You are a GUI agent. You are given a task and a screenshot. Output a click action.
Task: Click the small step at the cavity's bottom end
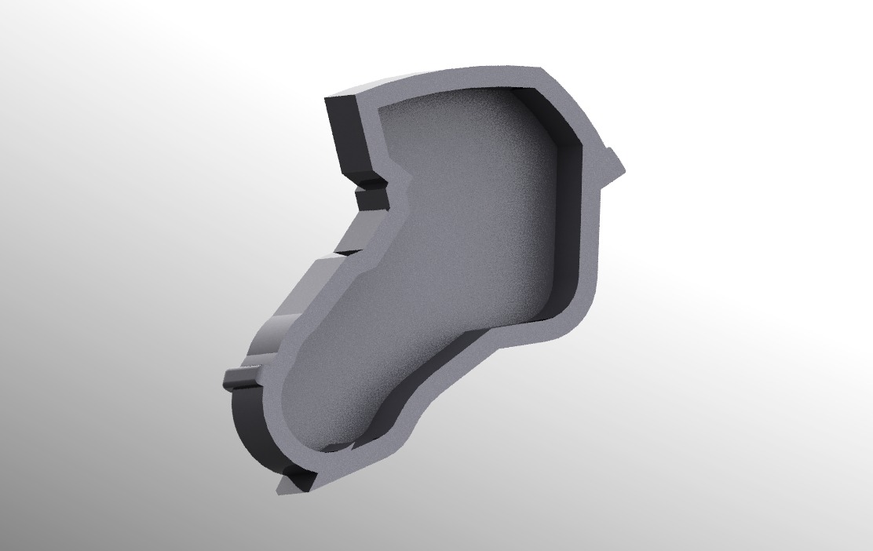click(338, 448)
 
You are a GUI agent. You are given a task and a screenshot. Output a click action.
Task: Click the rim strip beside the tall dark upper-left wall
click(369, 133)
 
